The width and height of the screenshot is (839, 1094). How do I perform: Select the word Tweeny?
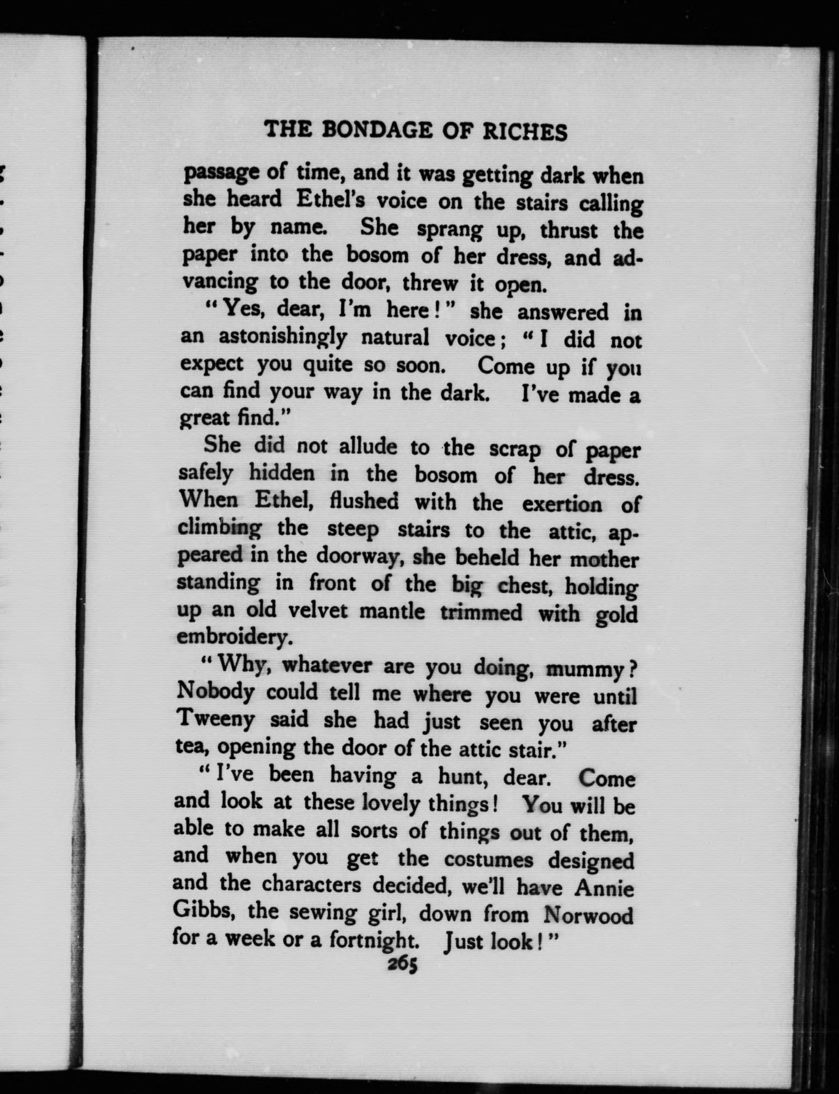coord(216,719)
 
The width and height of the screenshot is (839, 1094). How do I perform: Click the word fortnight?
coord(374,940)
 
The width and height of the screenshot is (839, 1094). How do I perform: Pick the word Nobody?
coord(216,692)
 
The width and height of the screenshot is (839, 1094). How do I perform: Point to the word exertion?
coord(562,504)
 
